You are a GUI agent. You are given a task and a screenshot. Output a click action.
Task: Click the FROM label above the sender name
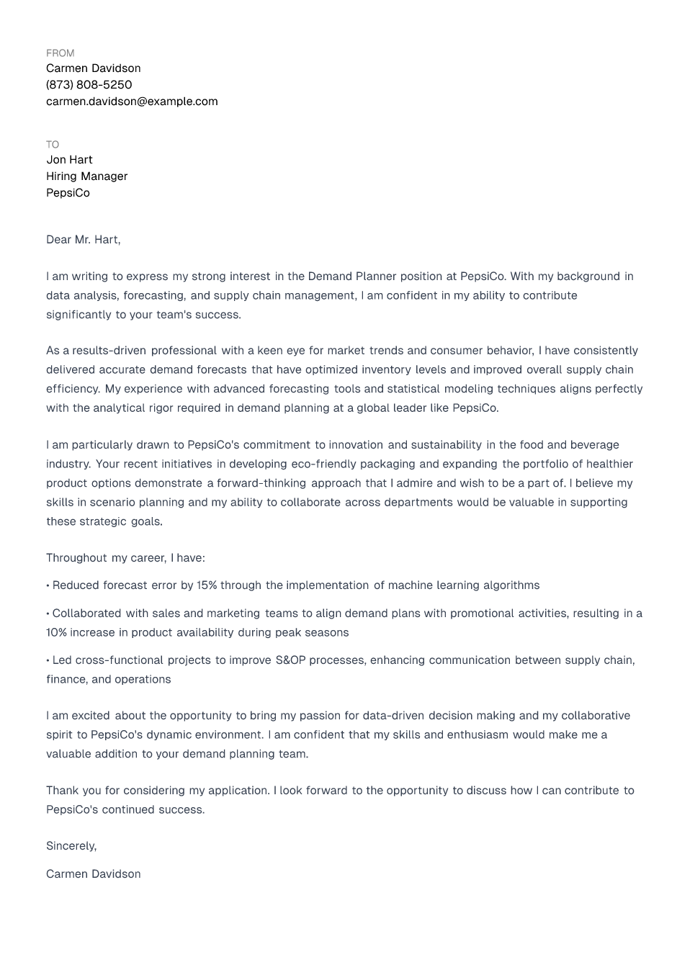60,53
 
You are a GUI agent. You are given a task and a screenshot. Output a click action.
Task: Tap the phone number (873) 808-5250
89,85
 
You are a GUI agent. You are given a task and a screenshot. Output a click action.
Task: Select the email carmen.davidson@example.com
132,102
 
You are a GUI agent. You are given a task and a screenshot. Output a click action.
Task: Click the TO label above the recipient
53,145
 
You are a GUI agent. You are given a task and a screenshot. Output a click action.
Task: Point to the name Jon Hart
69,160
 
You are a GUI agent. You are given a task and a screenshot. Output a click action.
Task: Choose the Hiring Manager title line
86,176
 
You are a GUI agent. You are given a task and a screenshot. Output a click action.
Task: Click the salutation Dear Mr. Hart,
83,240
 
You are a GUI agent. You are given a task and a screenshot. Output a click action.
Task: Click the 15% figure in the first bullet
207,585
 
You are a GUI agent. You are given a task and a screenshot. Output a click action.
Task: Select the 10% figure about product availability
56,633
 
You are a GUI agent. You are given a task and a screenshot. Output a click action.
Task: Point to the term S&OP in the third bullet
290,660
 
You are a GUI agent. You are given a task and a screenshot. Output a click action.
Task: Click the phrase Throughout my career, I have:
125,558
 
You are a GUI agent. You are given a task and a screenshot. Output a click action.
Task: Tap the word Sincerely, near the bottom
71,846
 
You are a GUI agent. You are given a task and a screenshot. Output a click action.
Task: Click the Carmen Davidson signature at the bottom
93,874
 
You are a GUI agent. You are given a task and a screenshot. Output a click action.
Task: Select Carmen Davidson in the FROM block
93,68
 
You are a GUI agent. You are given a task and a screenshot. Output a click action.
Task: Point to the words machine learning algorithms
463,585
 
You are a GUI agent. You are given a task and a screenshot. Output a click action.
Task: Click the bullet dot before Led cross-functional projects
48,660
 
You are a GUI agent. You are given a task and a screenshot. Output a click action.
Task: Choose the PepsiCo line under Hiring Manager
68,193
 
